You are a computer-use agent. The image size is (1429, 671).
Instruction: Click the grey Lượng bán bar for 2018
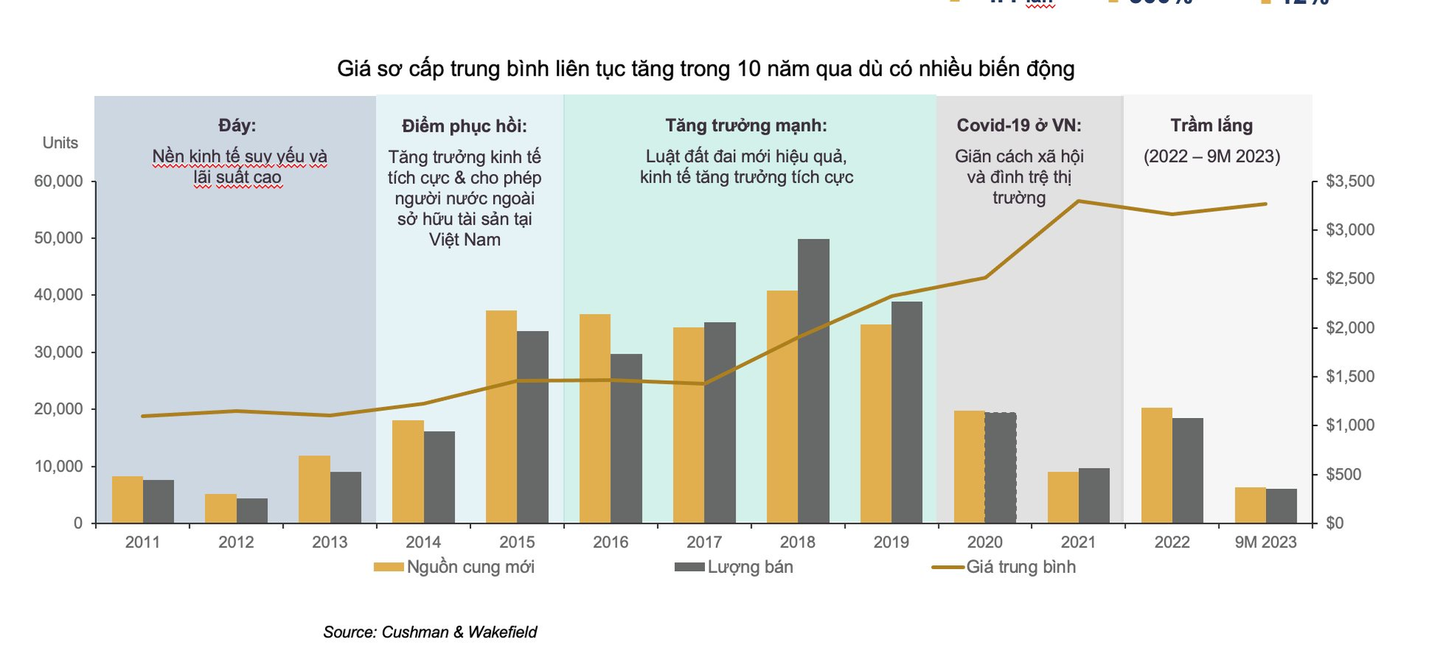(x=813, y=381)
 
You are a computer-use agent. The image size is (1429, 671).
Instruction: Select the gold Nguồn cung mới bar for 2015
(x=501, y=417)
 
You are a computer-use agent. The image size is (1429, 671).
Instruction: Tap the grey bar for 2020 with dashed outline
(x=1000, y=467)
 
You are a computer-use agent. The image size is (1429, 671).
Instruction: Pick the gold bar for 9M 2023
(x=1250, y=505)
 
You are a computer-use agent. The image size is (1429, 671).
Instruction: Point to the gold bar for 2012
(x=220, y=509)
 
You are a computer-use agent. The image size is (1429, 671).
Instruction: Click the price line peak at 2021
(x=1078, y=201)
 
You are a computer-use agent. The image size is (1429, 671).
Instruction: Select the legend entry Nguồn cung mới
(x=454, y=568)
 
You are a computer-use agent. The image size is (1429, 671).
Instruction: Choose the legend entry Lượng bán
(x=734, y=568)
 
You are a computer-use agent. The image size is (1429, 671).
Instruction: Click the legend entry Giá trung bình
(x=1004, y=568)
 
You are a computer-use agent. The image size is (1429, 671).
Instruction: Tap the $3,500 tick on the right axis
(x=1349, y=182)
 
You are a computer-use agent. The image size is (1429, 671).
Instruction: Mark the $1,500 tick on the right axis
(x=1349, y=376)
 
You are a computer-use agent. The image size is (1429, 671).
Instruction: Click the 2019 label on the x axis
(x=891, y=542)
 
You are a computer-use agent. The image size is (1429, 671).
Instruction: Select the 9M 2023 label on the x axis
(x=1265, y=542)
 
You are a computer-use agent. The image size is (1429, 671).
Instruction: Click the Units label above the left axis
(x=60, y=143)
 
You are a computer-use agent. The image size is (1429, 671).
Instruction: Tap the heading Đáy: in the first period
(x=237, y=126)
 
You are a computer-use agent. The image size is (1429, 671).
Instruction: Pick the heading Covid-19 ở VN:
(x=1019, y=126)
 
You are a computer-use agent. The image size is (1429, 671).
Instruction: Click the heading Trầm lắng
(x=1211, y=126)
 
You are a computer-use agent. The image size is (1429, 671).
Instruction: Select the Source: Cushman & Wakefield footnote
(x=429, y=632)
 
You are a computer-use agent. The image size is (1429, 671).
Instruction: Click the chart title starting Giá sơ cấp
(x=706, y=69)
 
